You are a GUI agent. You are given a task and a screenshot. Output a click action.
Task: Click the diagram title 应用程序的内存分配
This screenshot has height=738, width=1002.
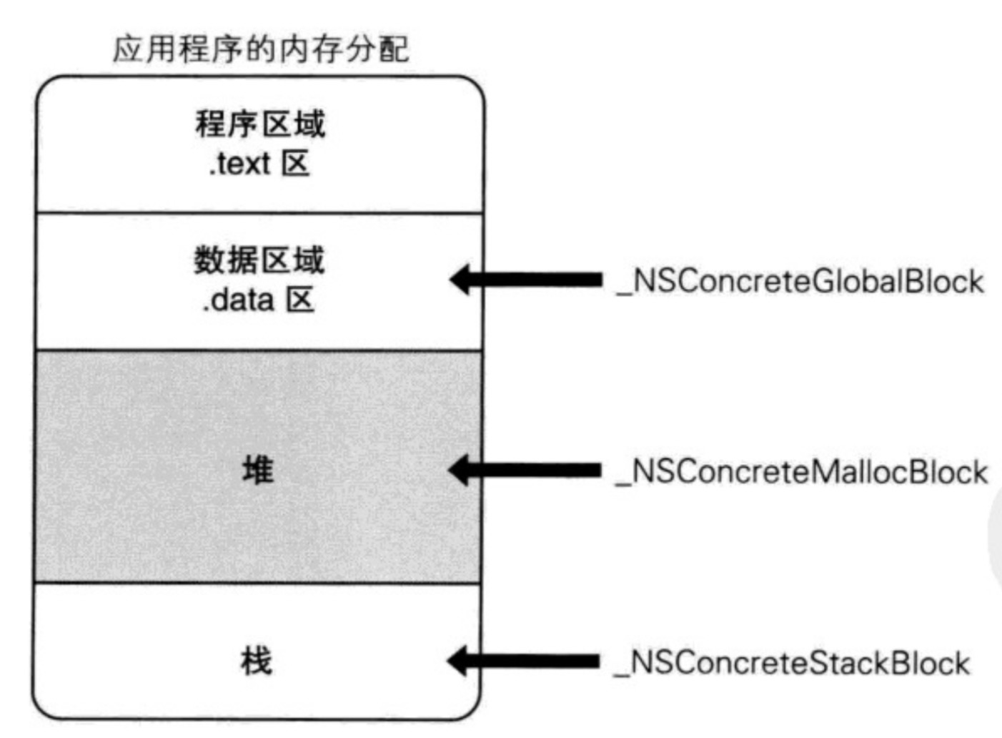point(261,49)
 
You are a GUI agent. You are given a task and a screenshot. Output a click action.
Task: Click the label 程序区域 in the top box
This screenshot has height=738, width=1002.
point(260,124)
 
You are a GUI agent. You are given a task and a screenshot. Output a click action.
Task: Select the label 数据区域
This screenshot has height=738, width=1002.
point(259,260)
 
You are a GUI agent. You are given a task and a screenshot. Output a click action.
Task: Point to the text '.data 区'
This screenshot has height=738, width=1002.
point(259,300)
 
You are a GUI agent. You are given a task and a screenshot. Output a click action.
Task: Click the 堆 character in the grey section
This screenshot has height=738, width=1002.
point(257,471)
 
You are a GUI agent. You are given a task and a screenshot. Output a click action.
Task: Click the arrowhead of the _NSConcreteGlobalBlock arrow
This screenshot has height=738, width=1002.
point(461,280)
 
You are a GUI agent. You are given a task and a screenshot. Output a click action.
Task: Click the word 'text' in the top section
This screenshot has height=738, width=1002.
point(244,164)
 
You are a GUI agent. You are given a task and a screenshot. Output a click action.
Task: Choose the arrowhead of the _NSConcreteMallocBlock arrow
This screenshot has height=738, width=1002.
point(460,470)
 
